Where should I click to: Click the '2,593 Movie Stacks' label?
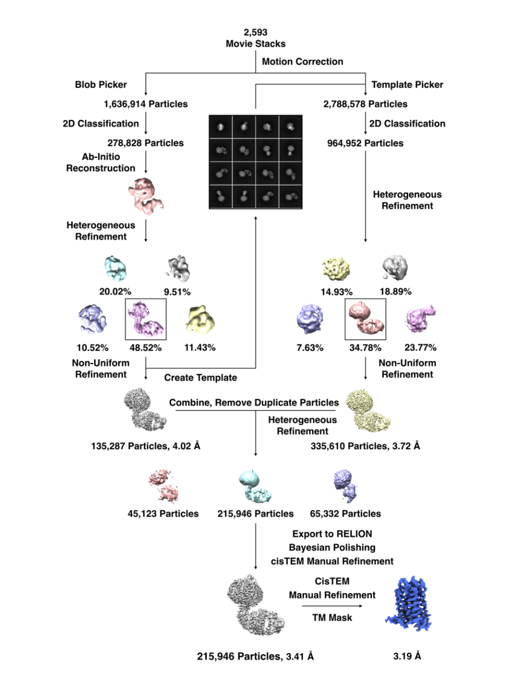coord(255,38)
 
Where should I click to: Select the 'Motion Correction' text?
coord(302,62)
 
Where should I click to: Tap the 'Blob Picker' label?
coord(101,84)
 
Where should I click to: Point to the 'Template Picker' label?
coord(407,84)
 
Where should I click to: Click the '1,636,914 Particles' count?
coord(145,104)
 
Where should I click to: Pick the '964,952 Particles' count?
coord(365,143)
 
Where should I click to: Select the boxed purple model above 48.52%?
coord(146,319)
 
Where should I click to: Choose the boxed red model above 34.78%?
coord(365,319)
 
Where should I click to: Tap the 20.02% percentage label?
coord(115,291)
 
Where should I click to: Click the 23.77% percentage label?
coord(420,347)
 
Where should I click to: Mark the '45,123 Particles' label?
coord(163,514)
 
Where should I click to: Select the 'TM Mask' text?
coord(332,618)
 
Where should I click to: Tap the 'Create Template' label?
coord(200,378)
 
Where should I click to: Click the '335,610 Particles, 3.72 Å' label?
coord(365,446)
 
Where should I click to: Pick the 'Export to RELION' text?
coord(332,534)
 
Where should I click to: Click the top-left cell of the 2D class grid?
coord(221,127)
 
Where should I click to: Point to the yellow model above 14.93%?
coord(336,268)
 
